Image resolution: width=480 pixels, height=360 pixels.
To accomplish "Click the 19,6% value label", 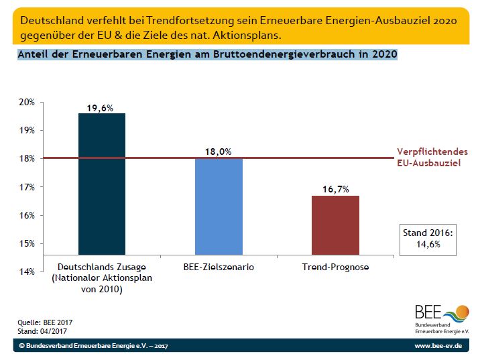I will click(x=101, y=107).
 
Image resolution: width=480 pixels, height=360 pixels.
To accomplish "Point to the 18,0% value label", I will click(x=218, y=152).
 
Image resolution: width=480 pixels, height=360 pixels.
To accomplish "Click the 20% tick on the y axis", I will click(x=26, y=102).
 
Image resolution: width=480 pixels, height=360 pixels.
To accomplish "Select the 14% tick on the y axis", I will click(x=26, y=272).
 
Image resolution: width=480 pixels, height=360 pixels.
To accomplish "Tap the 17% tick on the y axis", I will click(x=26, y=187).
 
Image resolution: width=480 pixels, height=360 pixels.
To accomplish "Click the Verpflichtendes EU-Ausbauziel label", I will click(x=432, y=157).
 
